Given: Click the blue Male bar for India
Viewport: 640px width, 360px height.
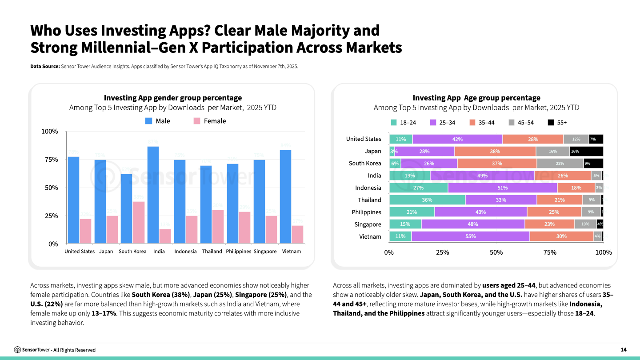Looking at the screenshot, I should pos(153,195).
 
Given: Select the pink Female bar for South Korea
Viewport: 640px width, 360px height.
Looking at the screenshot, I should pos(139,222).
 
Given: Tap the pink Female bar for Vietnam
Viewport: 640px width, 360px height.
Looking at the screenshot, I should pos(298,234).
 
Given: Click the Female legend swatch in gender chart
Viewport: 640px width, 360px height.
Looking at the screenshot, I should pos(197,121).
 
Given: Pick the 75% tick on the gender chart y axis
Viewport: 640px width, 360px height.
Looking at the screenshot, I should pos(50,160).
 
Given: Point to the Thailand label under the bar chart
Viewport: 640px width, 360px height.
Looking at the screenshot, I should pos(212,252).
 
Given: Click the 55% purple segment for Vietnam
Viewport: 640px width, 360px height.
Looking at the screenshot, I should pos(470,236).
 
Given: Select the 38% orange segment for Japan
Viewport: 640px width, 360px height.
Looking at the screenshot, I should pos(495,151).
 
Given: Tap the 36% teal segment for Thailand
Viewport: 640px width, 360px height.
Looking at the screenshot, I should pos(427,200).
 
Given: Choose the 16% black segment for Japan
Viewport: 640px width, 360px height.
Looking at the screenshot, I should pos(586,151).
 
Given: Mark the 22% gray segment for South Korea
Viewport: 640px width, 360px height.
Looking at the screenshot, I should pos(560,163).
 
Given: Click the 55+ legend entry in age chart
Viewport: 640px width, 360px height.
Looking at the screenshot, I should pos(557,123).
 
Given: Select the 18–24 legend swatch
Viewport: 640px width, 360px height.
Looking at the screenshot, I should pos(393,123).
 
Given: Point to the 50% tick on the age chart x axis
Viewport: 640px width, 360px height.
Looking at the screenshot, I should pos(496,252).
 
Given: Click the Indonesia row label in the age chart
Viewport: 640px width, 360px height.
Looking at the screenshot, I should pos(368,188).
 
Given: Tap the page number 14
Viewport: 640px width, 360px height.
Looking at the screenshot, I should pos(623,350).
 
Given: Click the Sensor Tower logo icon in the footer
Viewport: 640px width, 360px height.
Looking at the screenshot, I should pos(18,350).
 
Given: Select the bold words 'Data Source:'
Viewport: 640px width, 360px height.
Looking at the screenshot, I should pos(45,66).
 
